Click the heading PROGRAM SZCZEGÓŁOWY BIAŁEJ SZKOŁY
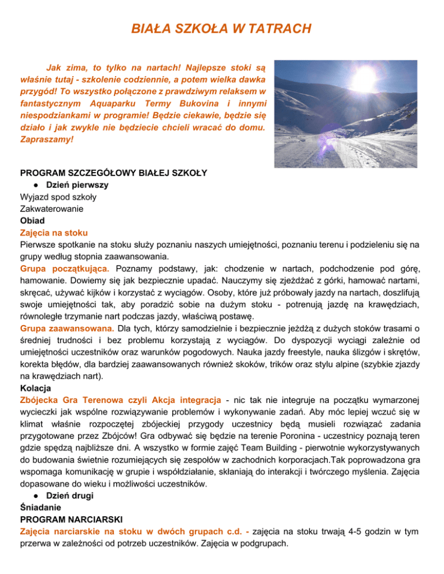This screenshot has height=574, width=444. tap(114, 173)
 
